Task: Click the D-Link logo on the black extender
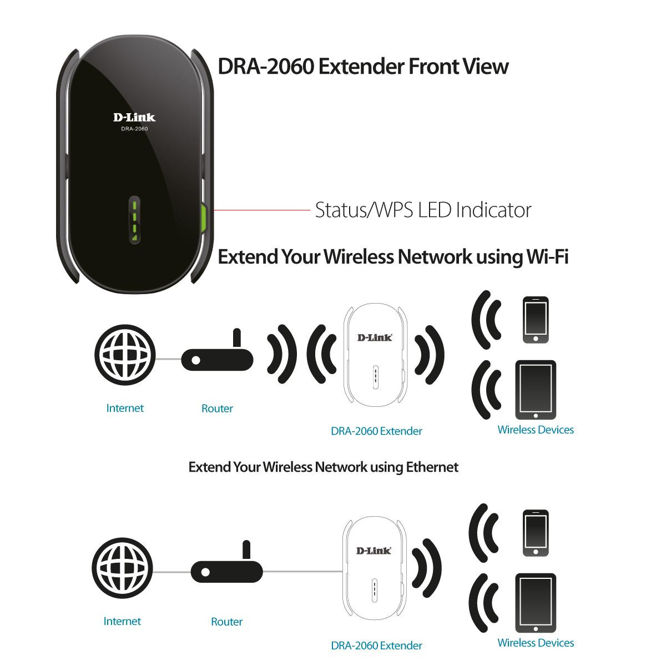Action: click(134, 118)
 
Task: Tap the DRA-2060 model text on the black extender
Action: click(134, 129)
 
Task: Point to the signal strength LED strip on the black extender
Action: click(134, 220)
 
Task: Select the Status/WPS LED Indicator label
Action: click(423, 210)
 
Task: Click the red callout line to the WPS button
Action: click(262, 210)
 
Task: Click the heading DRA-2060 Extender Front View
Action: click(363, 67)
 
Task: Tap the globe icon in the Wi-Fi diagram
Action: click(125, 355)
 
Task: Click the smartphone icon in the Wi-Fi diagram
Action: click(536, 320)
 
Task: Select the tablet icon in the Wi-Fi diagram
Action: click(536, 390)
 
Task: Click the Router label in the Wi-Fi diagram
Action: click(217, 408)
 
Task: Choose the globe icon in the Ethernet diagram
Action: click(122, 568)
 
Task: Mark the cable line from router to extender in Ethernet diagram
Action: click(303, 572)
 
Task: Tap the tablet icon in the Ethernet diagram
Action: click(536, 603)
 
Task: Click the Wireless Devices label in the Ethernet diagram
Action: click(536, 643)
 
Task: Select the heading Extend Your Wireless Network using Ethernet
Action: click(324, 467)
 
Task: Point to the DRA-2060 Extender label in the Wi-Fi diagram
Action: click(376, 431)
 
